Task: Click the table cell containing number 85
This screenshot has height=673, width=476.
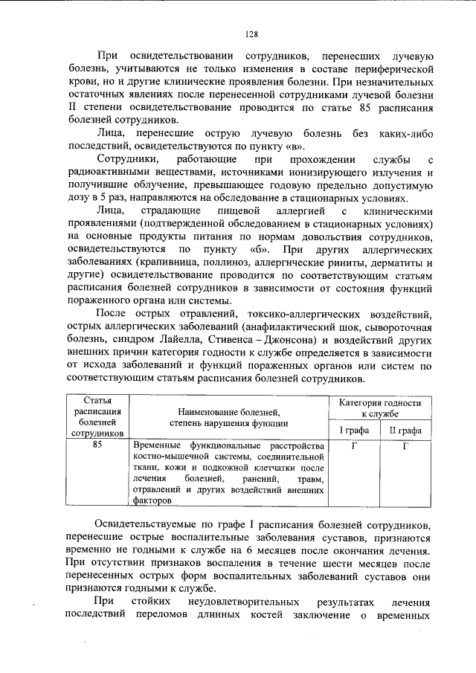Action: (97, 445)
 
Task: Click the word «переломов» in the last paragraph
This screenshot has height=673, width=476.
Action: (173, 614)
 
